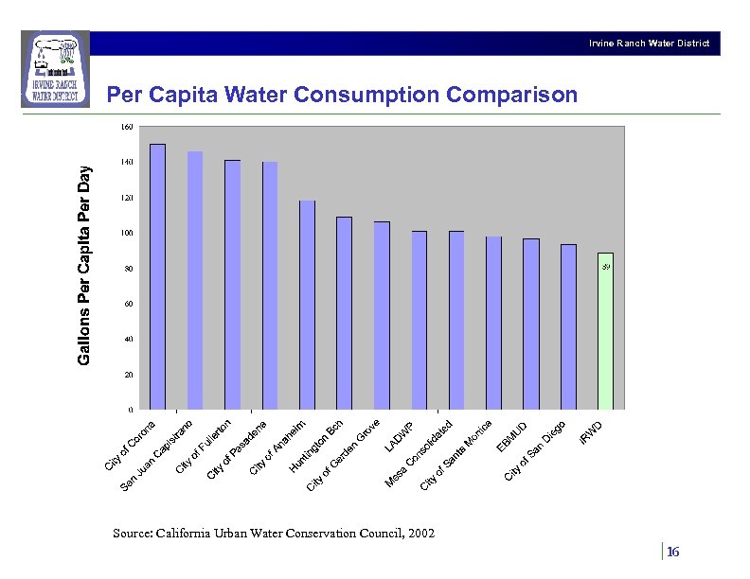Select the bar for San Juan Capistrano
[x=195, y=281]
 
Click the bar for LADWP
[x=420, y=321]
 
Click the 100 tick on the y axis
[x=127, y=234]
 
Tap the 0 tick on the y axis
[x=130, y=411]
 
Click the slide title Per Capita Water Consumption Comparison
[x=341, y=96]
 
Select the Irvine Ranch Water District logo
[x=55, y=69]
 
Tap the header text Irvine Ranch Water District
[x=648, y=44]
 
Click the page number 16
[x=673, y=553]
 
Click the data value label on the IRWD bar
[x=606, y=268]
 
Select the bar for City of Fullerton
[x=232, y=285]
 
